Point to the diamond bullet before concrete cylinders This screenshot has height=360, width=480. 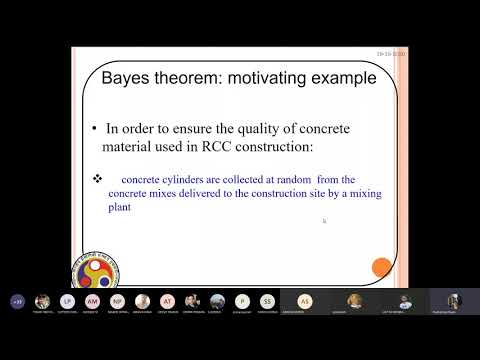click(x=98, y=179)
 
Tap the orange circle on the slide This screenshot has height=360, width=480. click(x=381, y=267)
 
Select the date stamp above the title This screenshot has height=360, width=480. click(x=387, y=56)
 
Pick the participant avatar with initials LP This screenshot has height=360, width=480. click(x=67, y=301)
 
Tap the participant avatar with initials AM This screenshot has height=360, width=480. click(x=92, y=301)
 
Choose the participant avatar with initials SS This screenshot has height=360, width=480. click(x=267, y=301)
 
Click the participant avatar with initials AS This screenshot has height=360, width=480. click(x=305, y=301)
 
